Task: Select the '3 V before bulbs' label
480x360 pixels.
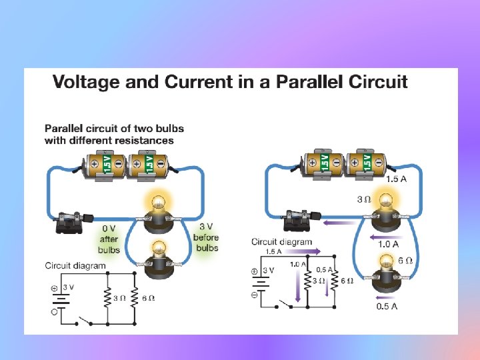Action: pos(207,237)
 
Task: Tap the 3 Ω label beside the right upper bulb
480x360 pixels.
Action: pos(364,199)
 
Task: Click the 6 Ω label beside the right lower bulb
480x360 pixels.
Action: pos(406,261)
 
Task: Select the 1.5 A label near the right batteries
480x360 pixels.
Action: pos(397,179)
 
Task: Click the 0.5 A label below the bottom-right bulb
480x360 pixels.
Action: pos(387,307)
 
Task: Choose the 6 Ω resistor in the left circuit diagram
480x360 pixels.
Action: pos(133,297)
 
